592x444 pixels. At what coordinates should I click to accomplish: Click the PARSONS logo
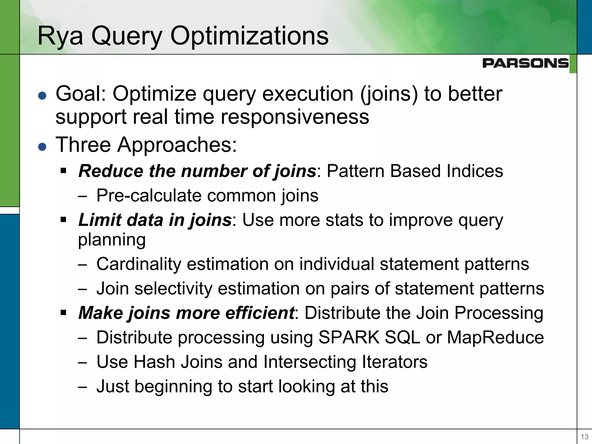525,63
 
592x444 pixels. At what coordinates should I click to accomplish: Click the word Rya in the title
60,36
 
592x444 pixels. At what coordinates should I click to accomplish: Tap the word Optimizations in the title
249,36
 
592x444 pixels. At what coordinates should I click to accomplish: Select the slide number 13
584,437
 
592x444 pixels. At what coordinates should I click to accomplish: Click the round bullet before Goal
42,96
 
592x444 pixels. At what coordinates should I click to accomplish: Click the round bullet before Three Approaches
42,147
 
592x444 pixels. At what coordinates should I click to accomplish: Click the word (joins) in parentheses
389,94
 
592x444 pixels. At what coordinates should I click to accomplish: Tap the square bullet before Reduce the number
64,171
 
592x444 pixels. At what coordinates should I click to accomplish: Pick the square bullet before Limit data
64,220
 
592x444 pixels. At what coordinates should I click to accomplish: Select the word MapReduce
495,337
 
